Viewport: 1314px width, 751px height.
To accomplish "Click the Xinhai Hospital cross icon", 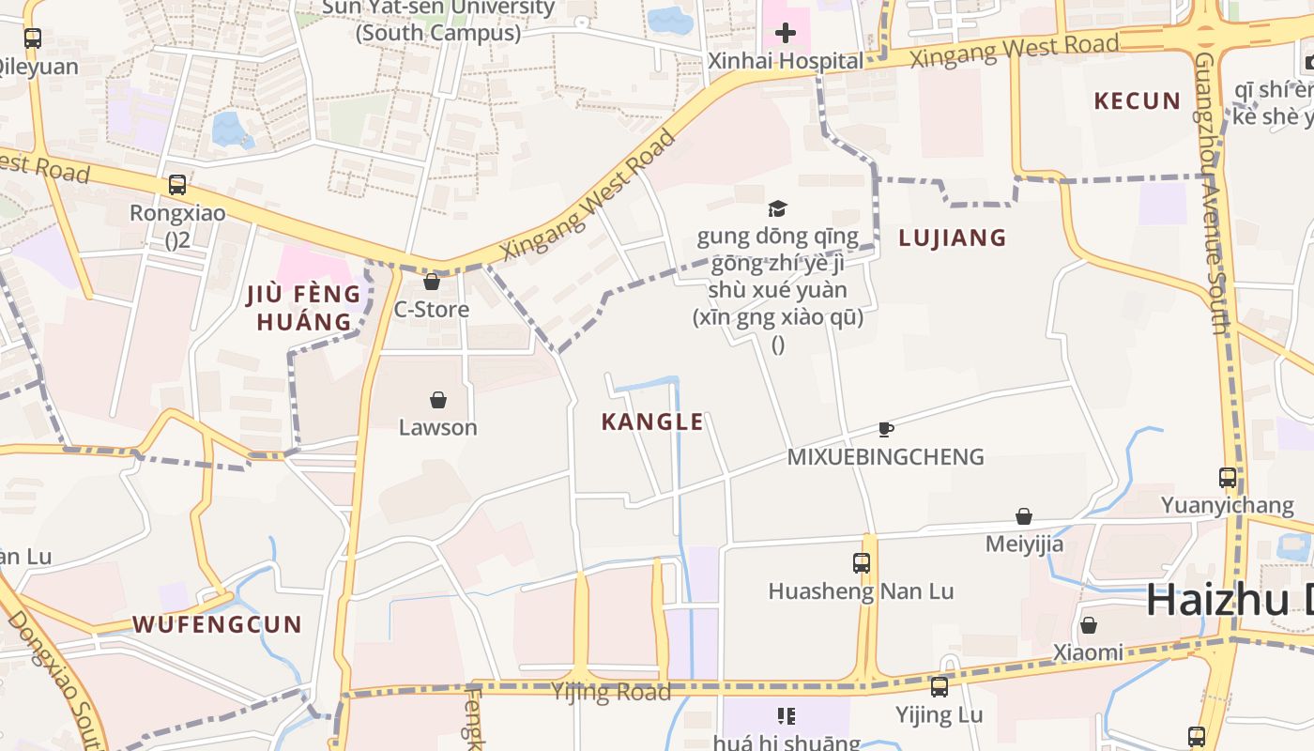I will click(786, 35).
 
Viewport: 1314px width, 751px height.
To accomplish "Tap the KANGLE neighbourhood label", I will click(652, 422).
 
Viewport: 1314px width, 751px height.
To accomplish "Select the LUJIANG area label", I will click(952, 238).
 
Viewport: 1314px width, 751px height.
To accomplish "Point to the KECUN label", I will click(1137, 101).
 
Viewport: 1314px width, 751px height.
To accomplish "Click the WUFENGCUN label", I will click(217, 624).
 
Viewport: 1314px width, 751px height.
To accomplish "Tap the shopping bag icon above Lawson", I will click(437, 400).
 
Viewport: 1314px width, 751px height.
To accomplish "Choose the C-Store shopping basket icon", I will click(432, 282).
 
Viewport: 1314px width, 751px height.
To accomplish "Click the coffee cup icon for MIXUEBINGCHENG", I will click(885, 430).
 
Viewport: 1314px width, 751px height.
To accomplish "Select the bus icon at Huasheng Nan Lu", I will click(862, 563).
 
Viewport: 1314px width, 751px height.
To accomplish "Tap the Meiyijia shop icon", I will click(1024, 516).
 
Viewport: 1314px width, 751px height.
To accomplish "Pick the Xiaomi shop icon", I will click(1089, 624).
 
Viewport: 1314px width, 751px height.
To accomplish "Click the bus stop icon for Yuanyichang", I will click(1227, 477).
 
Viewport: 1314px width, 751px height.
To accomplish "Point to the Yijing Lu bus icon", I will click(939, 687).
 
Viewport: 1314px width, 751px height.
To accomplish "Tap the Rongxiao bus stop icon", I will click(176, 185).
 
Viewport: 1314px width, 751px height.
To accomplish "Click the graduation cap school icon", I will click(777, 208).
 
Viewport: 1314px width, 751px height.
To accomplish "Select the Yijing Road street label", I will click(611, 693).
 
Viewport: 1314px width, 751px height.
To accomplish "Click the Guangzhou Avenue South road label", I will click(1213, 192).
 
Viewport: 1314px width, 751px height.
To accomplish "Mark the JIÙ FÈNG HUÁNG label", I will click(303, 308).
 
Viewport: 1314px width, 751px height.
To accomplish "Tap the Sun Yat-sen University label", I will click(438, 20).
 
